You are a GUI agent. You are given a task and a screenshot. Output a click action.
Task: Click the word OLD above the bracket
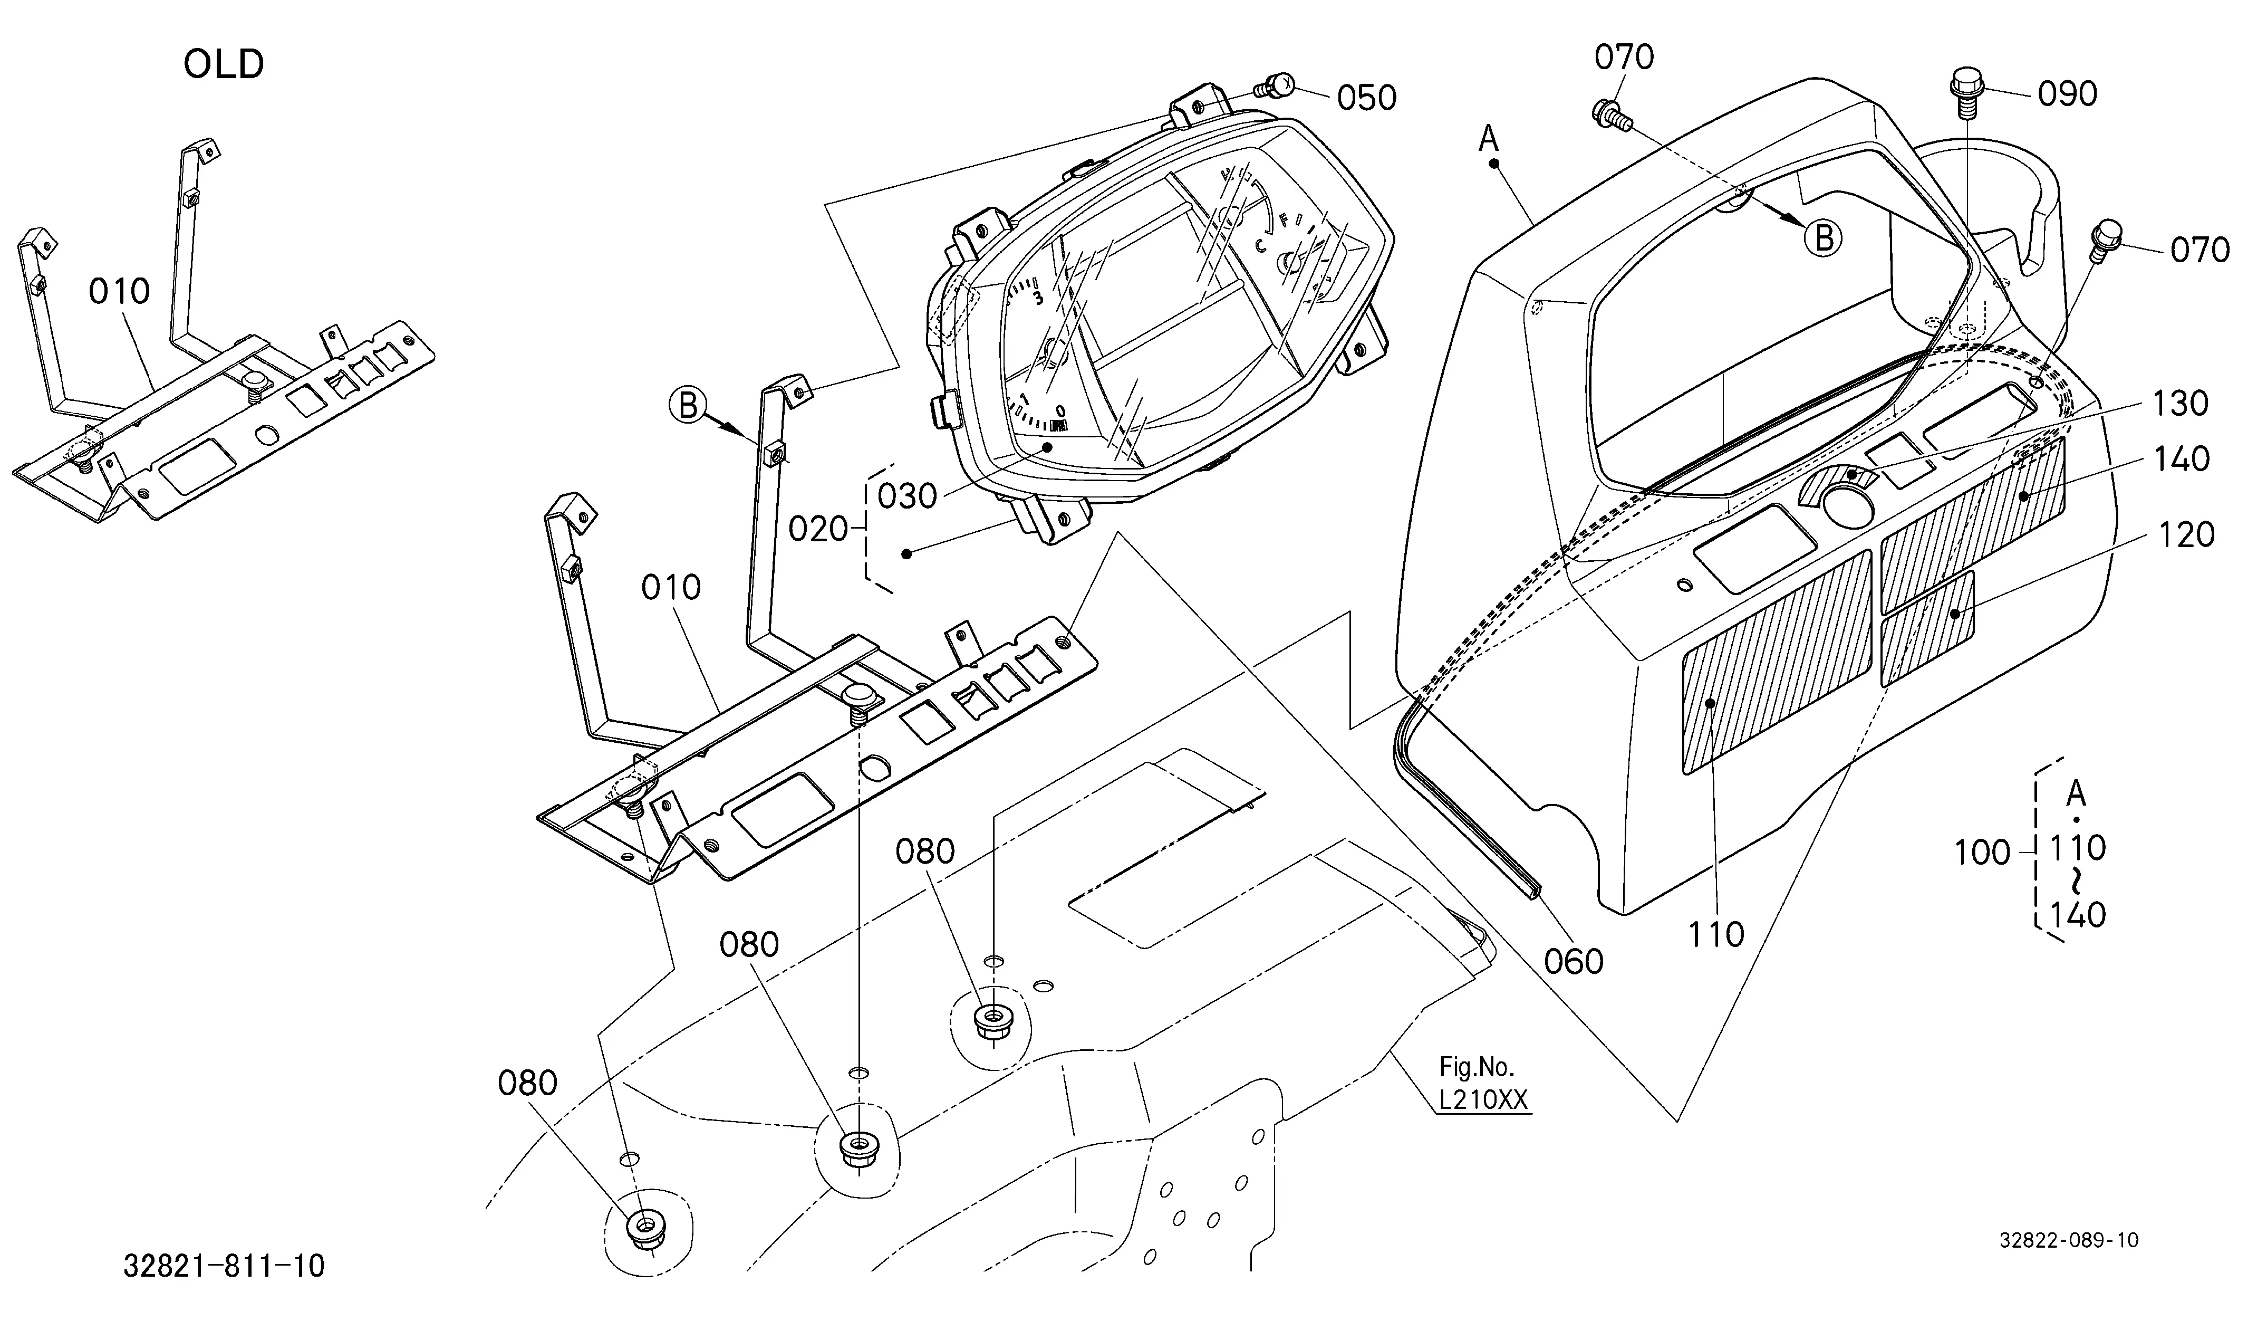point(224,65)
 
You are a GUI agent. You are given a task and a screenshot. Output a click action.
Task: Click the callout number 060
point(1574,962)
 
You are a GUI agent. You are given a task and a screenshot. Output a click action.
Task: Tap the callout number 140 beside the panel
point(2182,459)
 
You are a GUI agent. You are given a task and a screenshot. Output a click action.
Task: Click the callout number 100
point(1982,852)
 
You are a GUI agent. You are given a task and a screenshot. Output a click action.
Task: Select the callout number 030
point(908,496)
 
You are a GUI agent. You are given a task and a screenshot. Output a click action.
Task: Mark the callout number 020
point(818,529)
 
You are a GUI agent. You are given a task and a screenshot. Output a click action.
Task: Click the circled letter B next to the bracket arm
point(687,406)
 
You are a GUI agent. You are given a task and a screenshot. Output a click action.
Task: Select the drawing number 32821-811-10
point(224,1267)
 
